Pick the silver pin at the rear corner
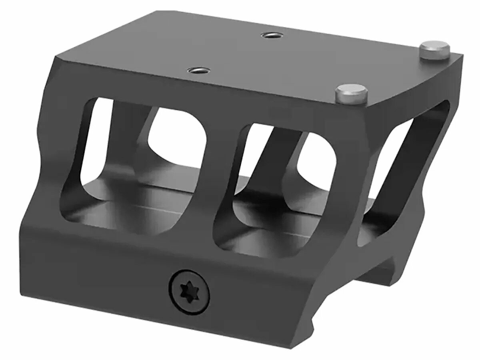pyautogui.click(x=434, y=51)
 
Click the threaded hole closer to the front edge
pyautogui.click(x=197, y=71)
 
